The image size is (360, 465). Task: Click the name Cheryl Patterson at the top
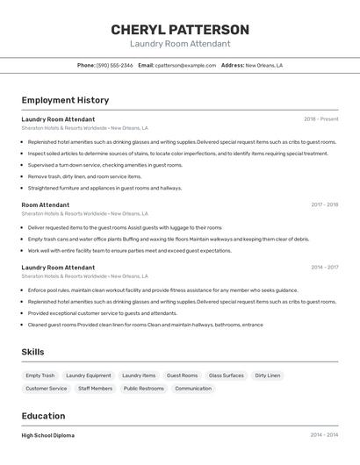(x=180, y=30)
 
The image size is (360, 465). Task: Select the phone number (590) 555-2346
(x=115, y=65)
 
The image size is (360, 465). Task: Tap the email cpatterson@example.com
(x=185, y=65)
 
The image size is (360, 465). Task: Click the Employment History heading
(x=65, y=100)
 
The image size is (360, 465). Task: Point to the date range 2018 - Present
(x=320, y=118)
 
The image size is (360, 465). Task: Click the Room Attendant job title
(x=46, y=204)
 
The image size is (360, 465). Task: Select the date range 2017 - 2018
(x=324, y=204)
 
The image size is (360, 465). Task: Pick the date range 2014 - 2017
(x=324, y=267)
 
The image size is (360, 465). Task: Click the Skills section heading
(x=33, y=352)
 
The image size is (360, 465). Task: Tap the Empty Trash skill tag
(x=40, y=376)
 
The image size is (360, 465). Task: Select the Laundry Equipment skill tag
(x=89, y=376)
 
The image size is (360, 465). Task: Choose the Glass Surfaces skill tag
(x=227, y=376)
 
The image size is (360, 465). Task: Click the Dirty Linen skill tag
(x=268, y=376)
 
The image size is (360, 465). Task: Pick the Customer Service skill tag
(x=47, y=388)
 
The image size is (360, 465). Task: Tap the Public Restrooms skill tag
(x=144, y=388)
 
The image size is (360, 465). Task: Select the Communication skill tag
(x=193, y=388)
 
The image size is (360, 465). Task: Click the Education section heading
(x=43, y=416)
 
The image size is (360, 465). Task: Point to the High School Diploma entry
(x=48, y=435)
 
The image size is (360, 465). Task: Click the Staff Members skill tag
(x=95, y=388)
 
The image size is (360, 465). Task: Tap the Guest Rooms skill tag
(x=183, y=376)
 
